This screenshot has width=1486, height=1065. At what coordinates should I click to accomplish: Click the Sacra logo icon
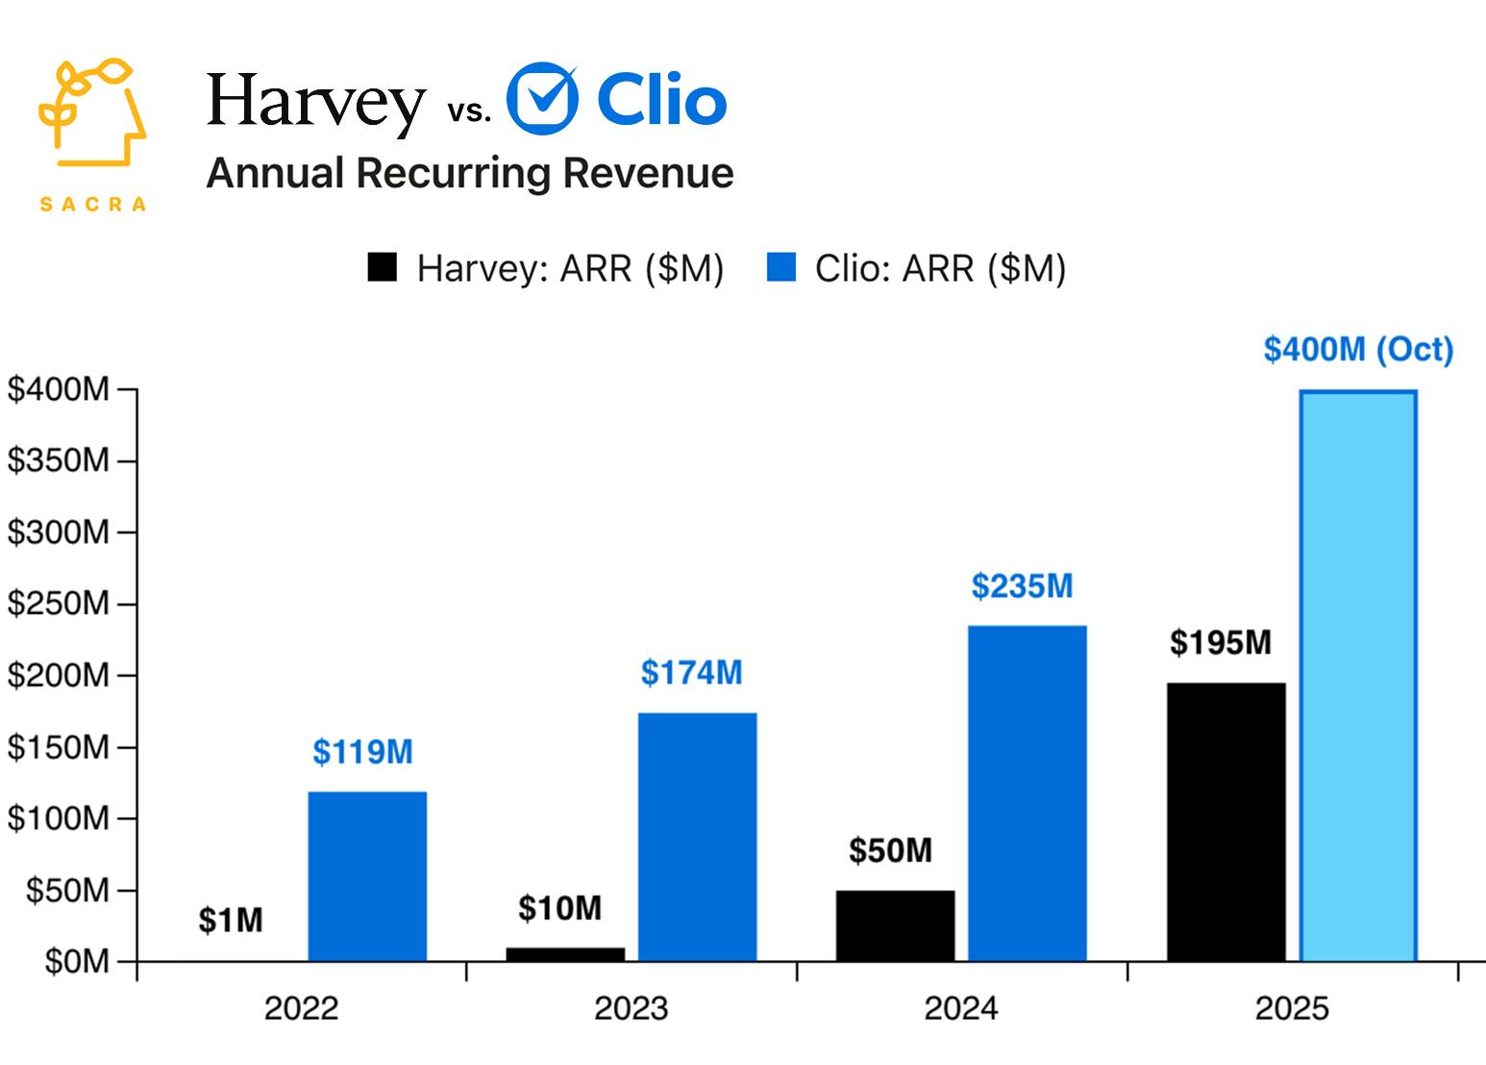[92, 113]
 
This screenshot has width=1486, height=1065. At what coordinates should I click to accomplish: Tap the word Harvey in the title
[315, 102]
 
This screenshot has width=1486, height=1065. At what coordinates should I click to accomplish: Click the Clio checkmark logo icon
[542, 99]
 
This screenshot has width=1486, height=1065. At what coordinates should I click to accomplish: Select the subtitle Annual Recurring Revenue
[470, 174]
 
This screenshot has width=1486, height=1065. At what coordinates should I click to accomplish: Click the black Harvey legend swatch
[382, 267]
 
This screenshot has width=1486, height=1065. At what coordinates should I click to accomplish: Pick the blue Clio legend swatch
[780, 267]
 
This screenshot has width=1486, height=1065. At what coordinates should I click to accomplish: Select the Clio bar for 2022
[367, 876]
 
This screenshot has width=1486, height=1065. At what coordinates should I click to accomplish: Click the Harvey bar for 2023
[565, 954]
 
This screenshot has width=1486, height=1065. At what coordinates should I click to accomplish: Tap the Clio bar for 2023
[697, 836]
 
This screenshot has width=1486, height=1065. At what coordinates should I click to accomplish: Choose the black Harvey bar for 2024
[895, 926]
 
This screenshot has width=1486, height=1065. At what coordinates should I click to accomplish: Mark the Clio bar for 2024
[1027, 793]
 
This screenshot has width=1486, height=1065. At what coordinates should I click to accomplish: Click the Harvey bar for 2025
[1226, 822]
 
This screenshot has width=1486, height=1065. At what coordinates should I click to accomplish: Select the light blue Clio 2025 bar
[1357, 676]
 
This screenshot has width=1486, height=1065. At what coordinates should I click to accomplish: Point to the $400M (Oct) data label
[1357, 349]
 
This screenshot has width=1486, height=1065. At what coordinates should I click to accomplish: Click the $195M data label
[1220, 642]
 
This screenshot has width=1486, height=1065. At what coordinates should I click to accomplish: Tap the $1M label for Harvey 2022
[231, 921]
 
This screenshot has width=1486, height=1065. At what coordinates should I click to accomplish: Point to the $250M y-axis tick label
[59, 604]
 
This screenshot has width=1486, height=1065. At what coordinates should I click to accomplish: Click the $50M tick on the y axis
[67, 890]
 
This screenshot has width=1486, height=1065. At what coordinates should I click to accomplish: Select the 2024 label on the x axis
[960, 1008]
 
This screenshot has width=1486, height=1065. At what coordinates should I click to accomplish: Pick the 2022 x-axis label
[301, 1008]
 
